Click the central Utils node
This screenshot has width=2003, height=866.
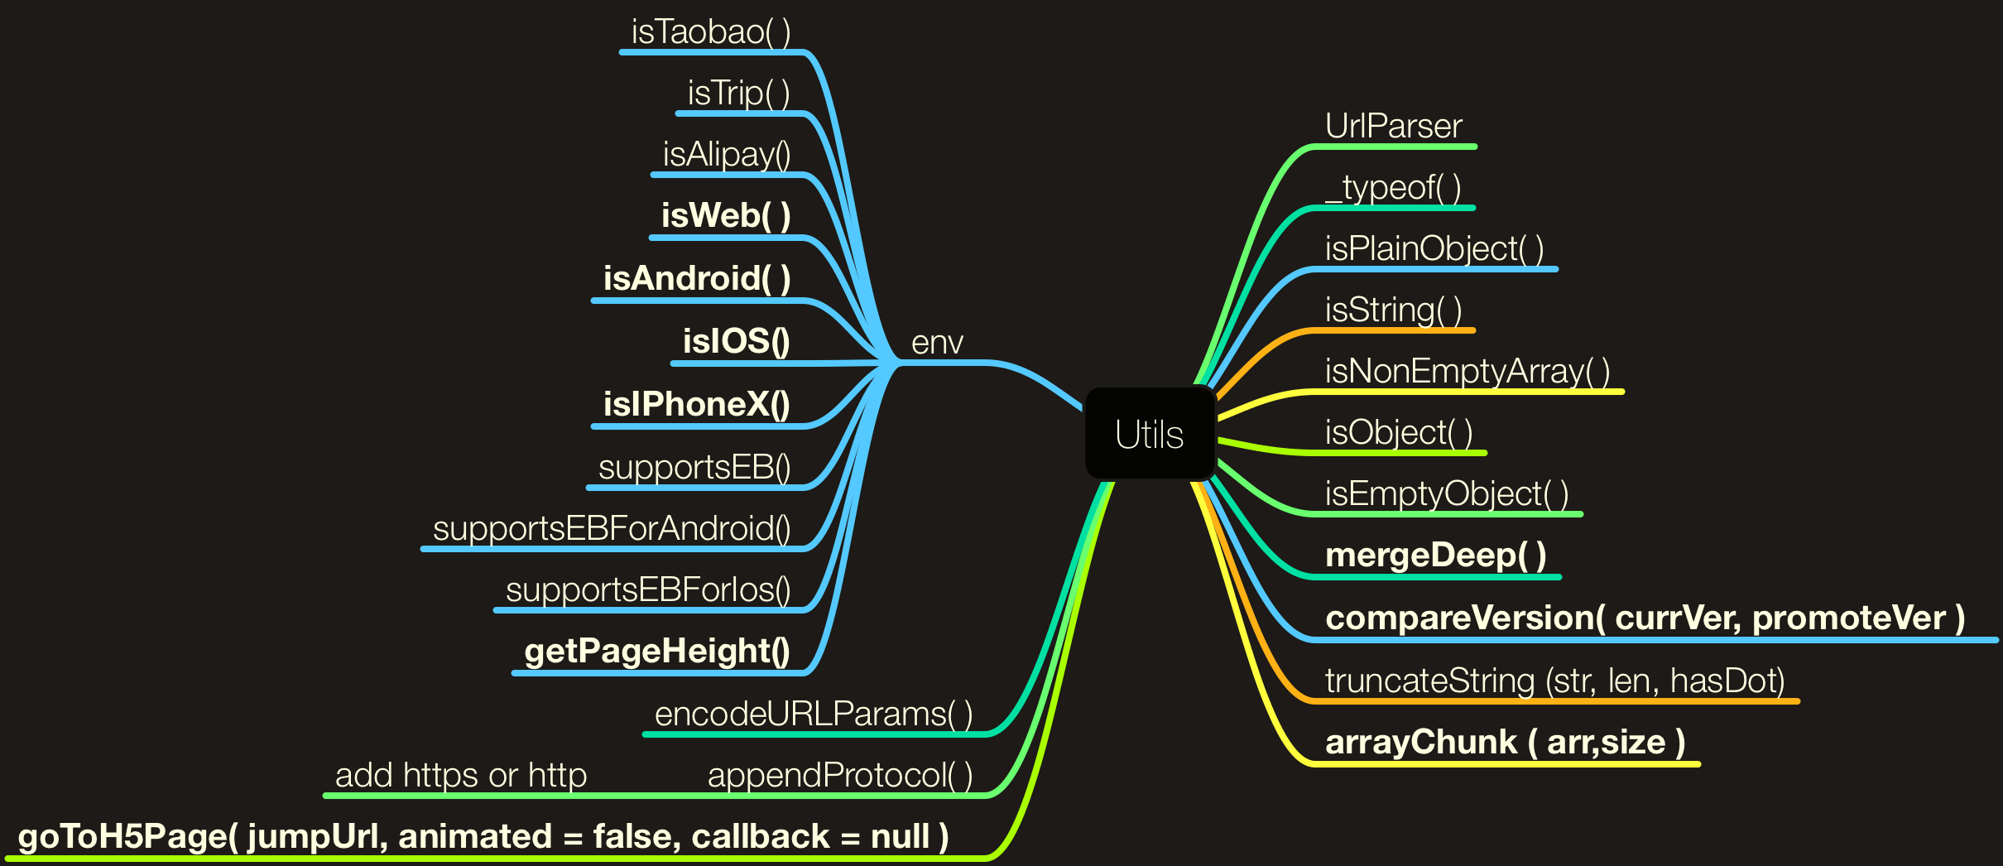tap(1150, 434)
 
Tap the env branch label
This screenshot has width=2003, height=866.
tap(937, 343)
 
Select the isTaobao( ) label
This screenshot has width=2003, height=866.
tap(711, 32)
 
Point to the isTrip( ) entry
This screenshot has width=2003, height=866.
tap(738, 94)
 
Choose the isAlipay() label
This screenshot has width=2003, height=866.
tap(727, 155)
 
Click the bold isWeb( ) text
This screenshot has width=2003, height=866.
tap(726, 216)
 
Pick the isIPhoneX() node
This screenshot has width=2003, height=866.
tap(696, 405)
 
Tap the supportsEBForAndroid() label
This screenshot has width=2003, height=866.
tap(612, 529)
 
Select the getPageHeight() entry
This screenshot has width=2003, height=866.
tap(657, 652)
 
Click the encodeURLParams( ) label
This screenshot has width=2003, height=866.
tap(814, 714)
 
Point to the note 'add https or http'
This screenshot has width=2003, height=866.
tap(461, 776)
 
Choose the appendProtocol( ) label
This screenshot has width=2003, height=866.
tap(840, 776)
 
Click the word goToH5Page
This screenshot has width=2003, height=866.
tap(122, 837)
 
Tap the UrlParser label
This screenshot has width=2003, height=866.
tap(1394, 127)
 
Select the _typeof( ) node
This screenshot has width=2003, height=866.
tap(1394, 188)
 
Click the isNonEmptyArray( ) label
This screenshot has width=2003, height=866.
tap(1467, 372)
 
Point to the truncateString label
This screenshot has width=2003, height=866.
tap(1429, 681)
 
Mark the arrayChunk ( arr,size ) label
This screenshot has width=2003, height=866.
tap(1506, 743)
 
